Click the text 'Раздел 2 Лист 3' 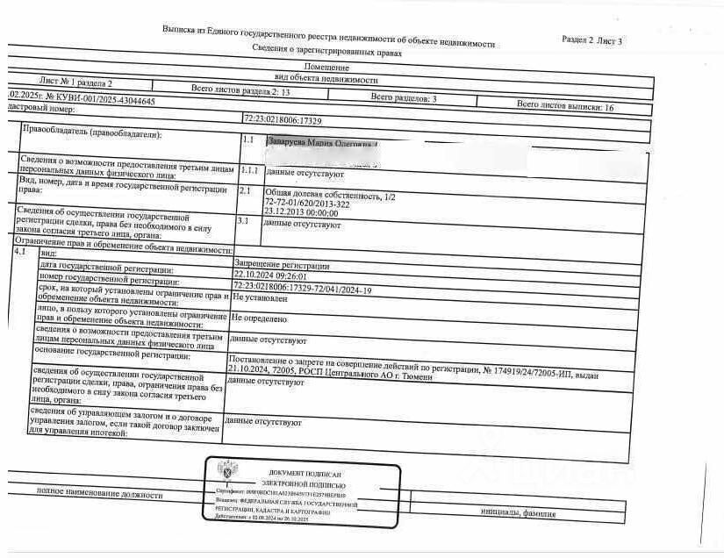pos(591,40)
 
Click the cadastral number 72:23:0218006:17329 pos(283,118)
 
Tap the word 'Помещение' pos(327,67)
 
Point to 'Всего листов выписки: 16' pos(564,105)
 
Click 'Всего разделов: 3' pos(404,98)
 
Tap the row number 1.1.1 pos(250,170)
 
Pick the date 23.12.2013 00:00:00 pos(301,212)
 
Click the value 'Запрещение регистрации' pos(281,265)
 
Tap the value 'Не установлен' pos(260,298)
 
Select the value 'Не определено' pos(259,319)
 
